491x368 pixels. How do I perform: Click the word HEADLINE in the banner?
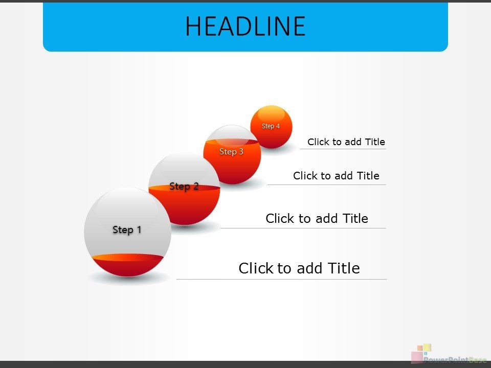pos(245,26)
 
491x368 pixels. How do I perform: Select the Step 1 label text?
pos(127,229)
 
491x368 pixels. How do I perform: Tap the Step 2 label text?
pos(184,186)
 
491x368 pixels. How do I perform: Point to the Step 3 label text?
pos(231,151)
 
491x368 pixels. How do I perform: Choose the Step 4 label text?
pos(271,126)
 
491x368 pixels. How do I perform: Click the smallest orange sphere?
pos(271,127)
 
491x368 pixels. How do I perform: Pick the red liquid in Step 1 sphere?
pos(128,265)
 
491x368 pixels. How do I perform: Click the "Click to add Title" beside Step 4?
pos(346,142)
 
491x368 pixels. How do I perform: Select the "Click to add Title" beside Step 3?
pos(336,175)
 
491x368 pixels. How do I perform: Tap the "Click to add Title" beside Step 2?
pos(317,218)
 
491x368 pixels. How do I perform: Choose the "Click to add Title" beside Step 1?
pos(299,268)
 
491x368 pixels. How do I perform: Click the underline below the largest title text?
pos(282,279)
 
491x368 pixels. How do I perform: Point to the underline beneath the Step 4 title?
pos(343,149)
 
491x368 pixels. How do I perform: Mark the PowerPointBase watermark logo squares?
pos(421,354)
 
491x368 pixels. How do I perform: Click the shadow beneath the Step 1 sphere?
pos(129,279)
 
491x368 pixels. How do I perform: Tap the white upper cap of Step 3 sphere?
pos(232,133)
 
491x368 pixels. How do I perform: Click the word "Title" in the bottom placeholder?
pos(344,268)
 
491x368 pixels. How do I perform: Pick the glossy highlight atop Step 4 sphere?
pos(271,113)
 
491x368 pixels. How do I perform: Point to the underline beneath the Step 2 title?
pos(303,228)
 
